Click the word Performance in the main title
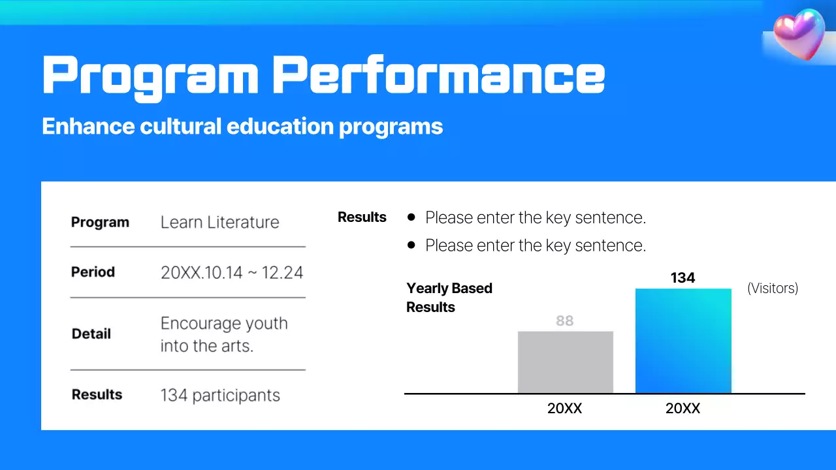pos(438,75)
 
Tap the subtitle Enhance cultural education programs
pos(242,126)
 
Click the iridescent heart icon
pos(799,34)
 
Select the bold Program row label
pos(100,222)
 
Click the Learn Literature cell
pos(219,222)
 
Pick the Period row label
pos(93,272)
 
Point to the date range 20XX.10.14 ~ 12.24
pos(232,272)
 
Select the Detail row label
pos(91,334)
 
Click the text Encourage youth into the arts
pos(224,334)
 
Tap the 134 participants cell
pos(220,395)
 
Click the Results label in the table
pos(97,394)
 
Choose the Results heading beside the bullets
pos(362,217)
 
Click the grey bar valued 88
pos(566,362)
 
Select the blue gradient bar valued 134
pos(683,341)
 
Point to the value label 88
pos(565,321)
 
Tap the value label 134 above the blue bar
pos(683,278)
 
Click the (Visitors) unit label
pos(773,288)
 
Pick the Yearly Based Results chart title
pos(449,298)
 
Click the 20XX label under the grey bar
pos(565,409)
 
